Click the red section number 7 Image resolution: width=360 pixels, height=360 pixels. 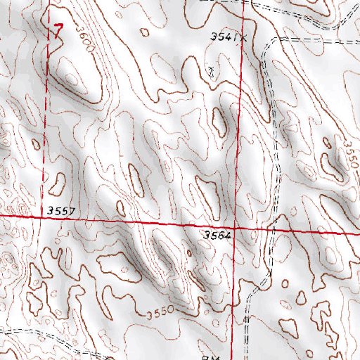58,29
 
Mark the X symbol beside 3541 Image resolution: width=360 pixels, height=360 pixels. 244,39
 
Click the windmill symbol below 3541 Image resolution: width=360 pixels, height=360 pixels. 212,71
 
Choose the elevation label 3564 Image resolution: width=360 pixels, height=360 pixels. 217,236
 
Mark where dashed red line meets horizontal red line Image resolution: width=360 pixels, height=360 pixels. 49,217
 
